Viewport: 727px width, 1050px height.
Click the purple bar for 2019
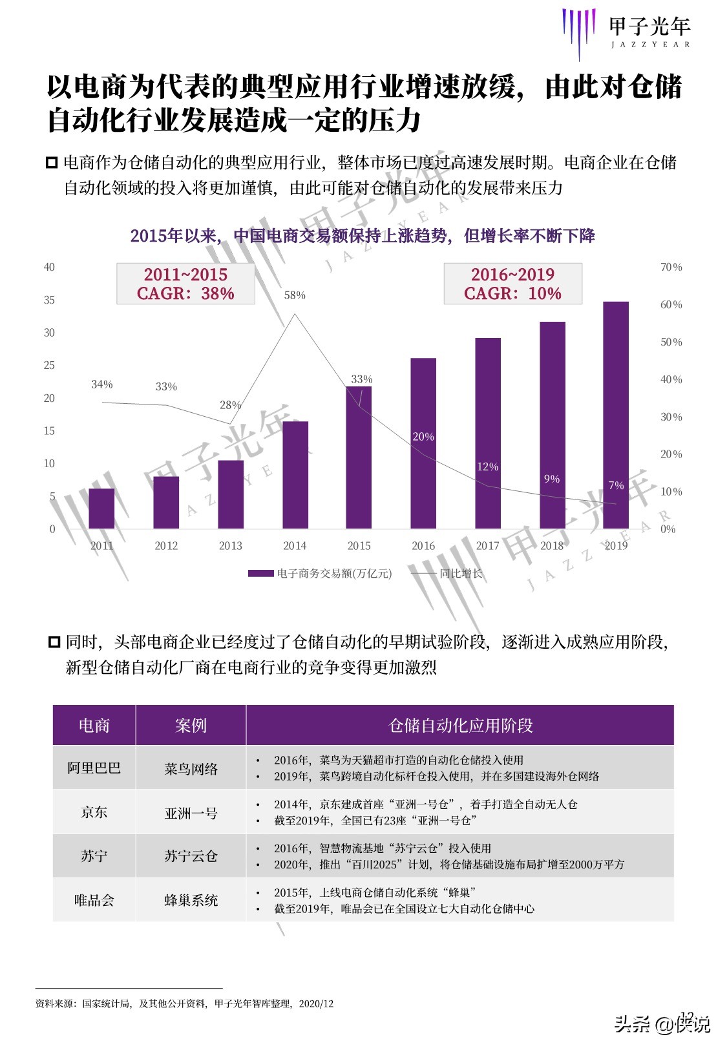coord(616,415)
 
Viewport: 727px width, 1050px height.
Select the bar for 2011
coord(101,509)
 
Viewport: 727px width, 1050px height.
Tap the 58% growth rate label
coord(295,295)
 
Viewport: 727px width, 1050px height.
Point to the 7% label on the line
coord(616,485)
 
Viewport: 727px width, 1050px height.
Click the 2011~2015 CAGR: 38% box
coord(185,284)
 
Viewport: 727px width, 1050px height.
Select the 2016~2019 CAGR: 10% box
coord(512,284)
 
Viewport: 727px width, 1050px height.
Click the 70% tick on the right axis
coord(671,267)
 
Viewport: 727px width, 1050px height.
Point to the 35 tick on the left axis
coord(49,300)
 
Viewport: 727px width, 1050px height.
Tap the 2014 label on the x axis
coord(295,546)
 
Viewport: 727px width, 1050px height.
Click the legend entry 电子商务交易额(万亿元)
coord(321,573)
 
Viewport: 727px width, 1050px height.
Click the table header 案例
coord(191,725)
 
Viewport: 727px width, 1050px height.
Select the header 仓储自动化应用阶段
coord(460,725)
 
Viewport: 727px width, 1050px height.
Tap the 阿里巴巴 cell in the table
coord(94,768)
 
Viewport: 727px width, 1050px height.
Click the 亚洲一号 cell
coord(191,812)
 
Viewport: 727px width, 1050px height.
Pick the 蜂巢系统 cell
coord(191,900)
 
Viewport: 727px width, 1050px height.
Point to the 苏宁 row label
coord(94,856)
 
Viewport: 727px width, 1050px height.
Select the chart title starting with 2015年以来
coord(363,236)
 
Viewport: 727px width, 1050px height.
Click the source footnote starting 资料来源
coord(184,1003)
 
